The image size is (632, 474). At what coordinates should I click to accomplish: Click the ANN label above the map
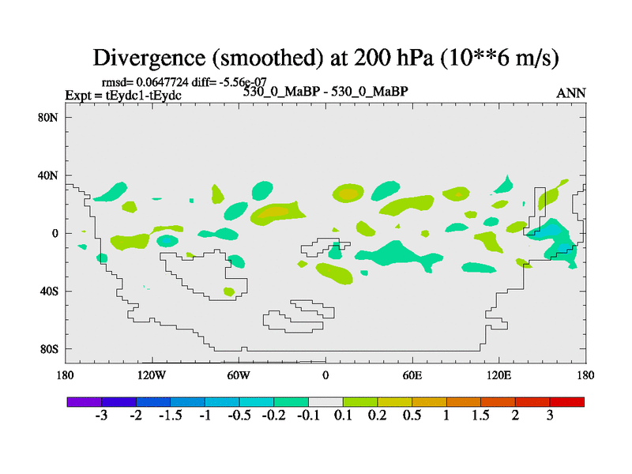click(570, 93)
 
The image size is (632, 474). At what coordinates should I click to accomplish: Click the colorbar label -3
click(101, 416)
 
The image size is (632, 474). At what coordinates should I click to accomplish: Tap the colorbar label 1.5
click(481, 416)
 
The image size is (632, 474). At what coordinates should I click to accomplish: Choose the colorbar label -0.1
click(308, 416)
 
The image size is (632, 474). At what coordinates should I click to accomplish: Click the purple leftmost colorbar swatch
click(84, 401)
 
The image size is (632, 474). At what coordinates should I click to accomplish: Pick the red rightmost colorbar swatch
click(567, 401)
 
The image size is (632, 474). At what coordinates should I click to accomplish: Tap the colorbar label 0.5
click(412, 416)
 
